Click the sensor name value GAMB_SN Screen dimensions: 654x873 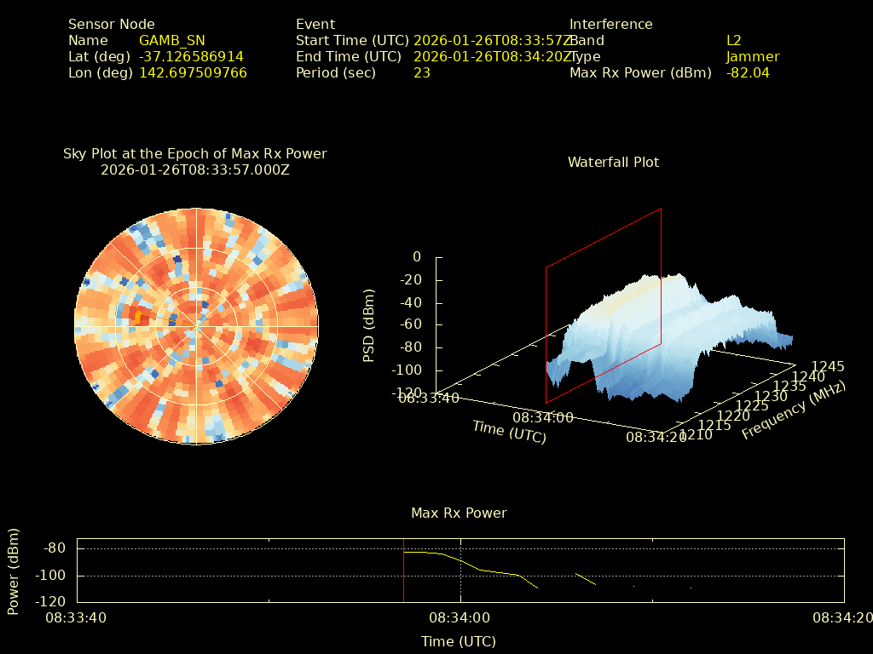tap(171, 41)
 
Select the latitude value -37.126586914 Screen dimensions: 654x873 tap(191, 57)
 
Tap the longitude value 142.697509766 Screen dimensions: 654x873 tap(193, 73)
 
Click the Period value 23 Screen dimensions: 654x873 tap(422, 73)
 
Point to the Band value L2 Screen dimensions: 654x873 tap(734, 41)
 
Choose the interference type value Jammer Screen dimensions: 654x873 tap(753, 57)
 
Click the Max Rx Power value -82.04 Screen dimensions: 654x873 tap(748, 73)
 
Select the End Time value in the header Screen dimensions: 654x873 tap(492, 57)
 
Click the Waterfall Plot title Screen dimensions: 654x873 tap(613, 163)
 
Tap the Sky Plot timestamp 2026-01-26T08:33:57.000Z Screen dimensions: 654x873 tap(195, 170)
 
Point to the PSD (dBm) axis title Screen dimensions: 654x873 tap(369, 324)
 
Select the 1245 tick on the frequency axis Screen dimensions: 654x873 tap(827, 366)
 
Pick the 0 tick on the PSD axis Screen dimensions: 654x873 tap(416, 257)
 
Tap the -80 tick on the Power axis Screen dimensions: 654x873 tap(55, 548)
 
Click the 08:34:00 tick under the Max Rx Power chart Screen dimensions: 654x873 tap(460, 617)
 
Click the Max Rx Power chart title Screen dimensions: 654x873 tap(459, 513)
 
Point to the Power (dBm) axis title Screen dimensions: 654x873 tap(14, 571)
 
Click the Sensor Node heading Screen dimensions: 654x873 tap(112, 25)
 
